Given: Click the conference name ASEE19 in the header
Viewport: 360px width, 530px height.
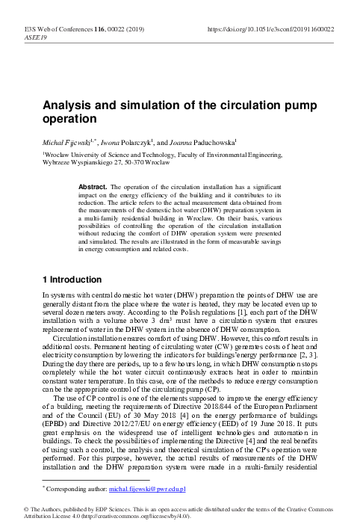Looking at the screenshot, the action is (34, 37).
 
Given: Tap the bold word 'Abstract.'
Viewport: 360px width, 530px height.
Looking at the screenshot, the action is (96, 184).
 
